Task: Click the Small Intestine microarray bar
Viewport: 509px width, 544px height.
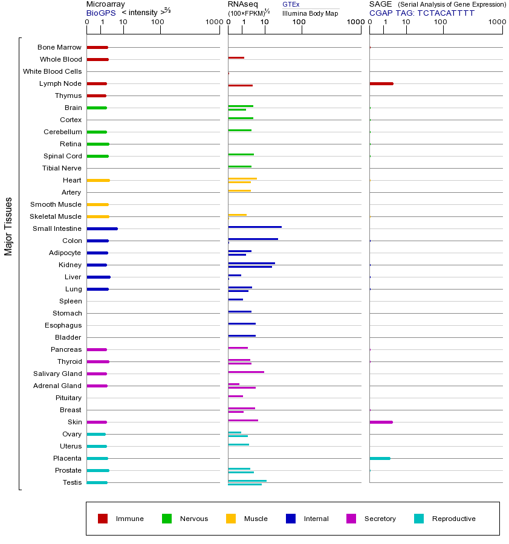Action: tap(102, 228)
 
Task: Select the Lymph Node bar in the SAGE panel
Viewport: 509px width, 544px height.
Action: tap(381, 83)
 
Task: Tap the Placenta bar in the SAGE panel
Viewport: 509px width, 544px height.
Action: tap(380, 458)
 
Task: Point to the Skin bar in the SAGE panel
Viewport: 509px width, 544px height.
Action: tap(381, 422)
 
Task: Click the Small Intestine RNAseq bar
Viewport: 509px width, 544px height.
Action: tap(254, 227)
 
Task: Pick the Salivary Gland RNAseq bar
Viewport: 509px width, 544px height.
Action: tap(246, 372)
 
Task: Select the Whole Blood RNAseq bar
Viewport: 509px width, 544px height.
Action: tap(236, 57)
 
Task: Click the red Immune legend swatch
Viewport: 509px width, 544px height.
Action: tap(103, 519)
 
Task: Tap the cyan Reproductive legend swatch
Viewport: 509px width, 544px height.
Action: tap(419, 519)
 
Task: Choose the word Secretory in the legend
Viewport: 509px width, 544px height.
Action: tap(380, 519)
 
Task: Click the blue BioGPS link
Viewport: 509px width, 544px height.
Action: tap(100, 13)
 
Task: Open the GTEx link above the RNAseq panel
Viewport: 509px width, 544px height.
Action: tap(291, 5)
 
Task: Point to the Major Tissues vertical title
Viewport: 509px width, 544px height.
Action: tap(8, 226)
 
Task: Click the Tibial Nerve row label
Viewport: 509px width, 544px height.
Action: tap(62, 168)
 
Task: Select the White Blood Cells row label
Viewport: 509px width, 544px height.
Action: tap(52, 71)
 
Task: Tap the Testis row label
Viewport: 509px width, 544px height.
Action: tap(72, 482)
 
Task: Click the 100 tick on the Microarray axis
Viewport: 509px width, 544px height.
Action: tap(158, 23)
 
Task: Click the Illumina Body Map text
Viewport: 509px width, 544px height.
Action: tap(310, 13)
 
